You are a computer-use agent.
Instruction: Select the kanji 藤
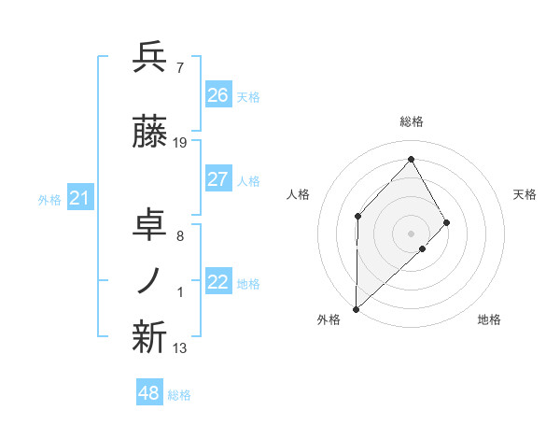pyautogui.click(x=149, y=134)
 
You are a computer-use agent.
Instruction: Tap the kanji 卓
pyautogui.click(x=149, y=225)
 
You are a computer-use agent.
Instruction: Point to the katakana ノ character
pyautogui.click(x=149, y=281)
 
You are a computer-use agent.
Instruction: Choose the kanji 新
pyautogui.click(x=149, y=339)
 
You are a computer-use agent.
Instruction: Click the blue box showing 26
pyautogui.click(x=218, y=95)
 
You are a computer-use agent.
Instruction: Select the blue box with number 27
pyautogui.click(x=218, y=179)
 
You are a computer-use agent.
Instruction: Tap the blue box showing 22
pyautogui.click(x=218, y=282)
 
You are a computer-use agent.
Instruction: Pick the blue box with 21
pyautogui.click(x=79, y=197)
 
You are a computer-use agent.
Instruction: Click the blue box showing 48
pyautogui.click(x=149, y=393)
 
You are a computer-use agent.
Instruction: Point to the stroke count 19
pyautogui.click(x=180, y=143)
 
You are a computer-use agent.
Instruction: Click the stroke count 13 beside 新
pyautogui.click(x=180, y=348)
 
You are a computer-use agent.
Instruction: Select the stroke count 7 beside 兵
pyautogui.click(x=179, y=68)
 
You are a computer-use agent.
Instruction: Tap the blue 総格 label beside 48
pyautogui.click(x=179, y=395)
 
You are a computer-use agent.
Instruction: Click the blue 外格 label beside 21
pyautogui.click(x=49, y=199)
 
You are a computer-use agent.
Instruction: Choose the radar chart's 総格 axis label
pyautogui.click(x=411, y=121)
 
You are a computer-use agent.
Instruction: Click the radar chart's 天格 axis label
pyautogui.click(x=525, y=194)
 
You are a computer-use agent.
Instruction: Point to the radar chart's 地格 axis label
pyautogui.click(x=489, y=319)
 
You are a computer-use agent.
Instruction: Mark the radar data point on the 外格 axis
pyautogui.click(x=356, y=308)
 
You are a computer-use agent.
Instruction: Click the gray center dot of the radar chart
pyautogui.click(x=411, y=233)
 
